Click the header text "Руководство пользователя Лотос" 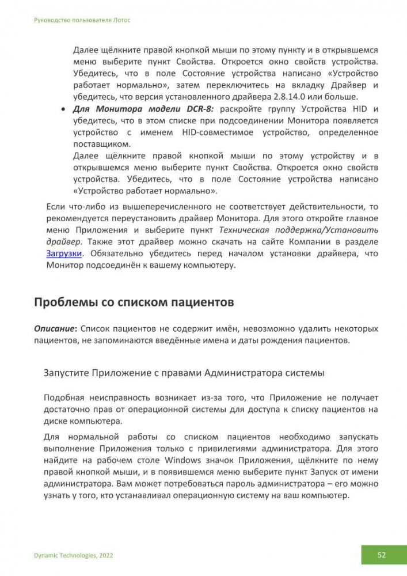pos(82,20)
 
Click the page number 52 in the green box pos(382,555)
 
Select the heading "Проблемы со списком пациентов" pos(134,301)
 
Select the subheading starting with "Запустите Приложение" pos(184,373)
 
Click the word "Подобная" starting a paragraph pos(64,397)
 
